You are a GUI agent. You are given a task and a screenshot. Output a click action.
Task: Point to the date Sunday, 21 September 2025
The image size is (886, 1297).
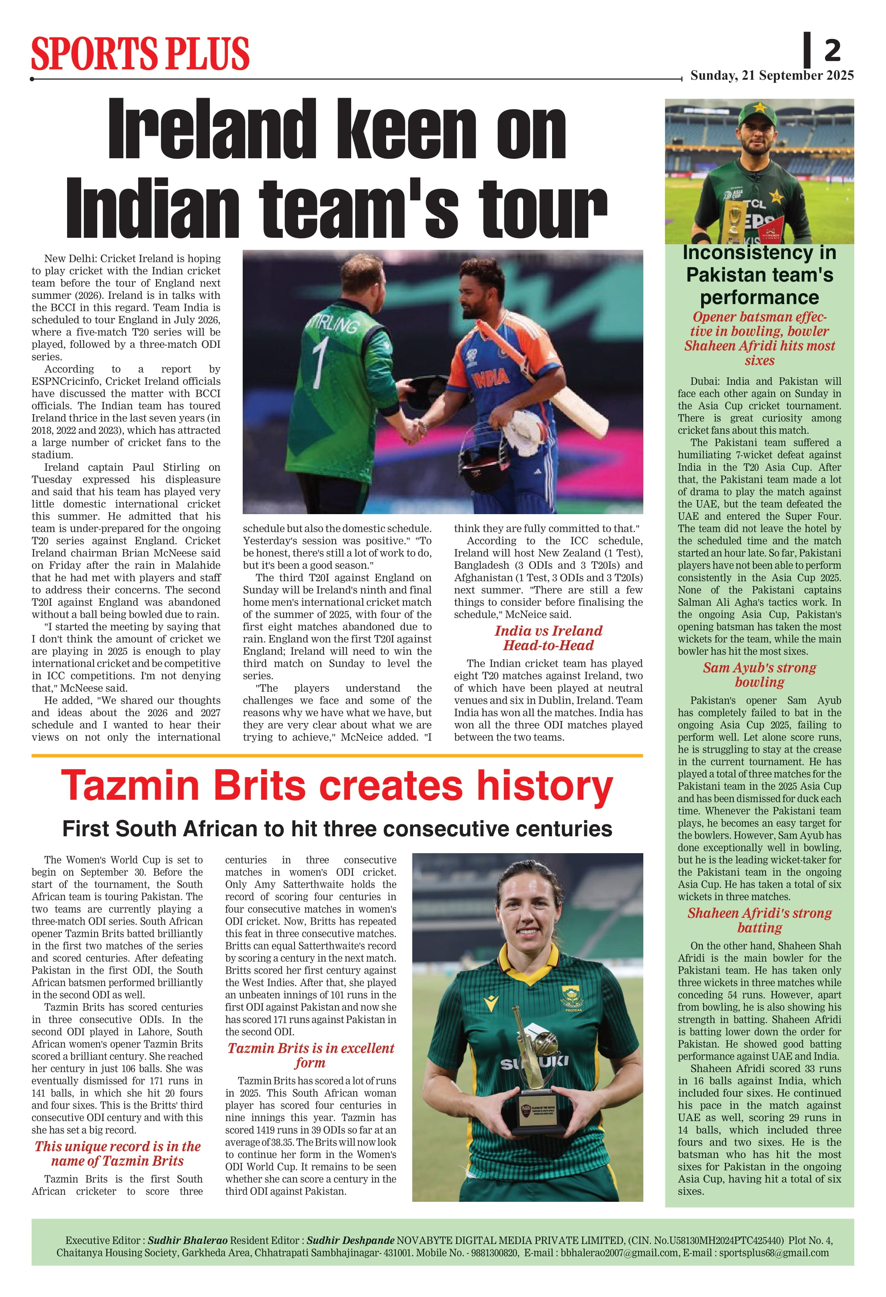[x=771, y=76]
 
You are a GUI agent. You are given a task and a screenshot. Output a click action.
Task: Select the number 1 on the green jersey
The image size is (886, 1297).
[x=320, y=359]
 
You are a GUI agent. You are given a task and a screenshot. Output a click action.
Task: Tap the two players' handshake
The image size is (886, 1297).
[x=415, y=430]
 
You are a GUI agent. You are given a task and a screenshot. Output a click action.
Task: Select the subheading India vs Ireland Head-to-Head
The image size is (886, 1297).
[x=548, y=638]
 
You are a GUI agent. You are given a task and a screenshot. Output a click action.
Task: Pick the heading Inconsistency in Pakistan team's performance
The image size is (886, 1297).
[x=759, y=275]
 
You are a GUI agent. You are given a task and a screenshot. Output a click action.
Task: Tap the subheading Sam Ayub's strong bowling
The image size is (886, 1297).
[x=759, y=675]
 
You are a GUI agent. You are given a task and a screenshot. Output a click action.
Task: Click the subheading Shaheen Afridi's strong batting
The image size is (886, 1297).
[x=759, y=920]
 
